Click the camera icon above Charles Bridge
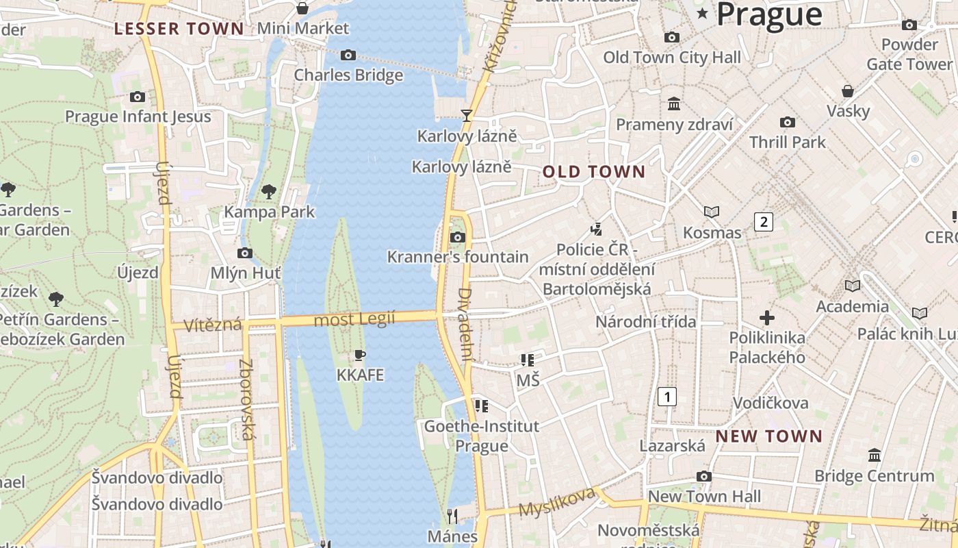coord(348,55)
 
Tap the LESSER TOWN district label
coord(179,29)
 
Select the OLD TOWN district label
coord(594,172)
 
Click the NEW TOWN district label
coord(769,436)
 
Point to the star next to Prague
coord(702,13)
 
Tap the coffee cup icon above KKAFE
coord(360,355)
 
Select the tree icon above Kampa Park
coord(269,191)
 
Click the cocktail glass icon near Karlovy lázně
coord(467,115)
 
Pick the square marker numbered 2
coord(764,221)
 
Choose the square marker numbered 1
coord(666,396)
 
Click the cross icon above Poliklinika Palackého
coord(767,318)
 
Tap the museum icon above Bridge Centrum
coord(874,455)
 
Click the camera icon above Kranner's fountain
coord(457,238)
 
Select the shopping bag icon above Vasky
coord(848,91)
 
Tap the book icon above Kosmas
coord(712,212)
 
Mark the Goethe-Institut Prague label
coord(482,436)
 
